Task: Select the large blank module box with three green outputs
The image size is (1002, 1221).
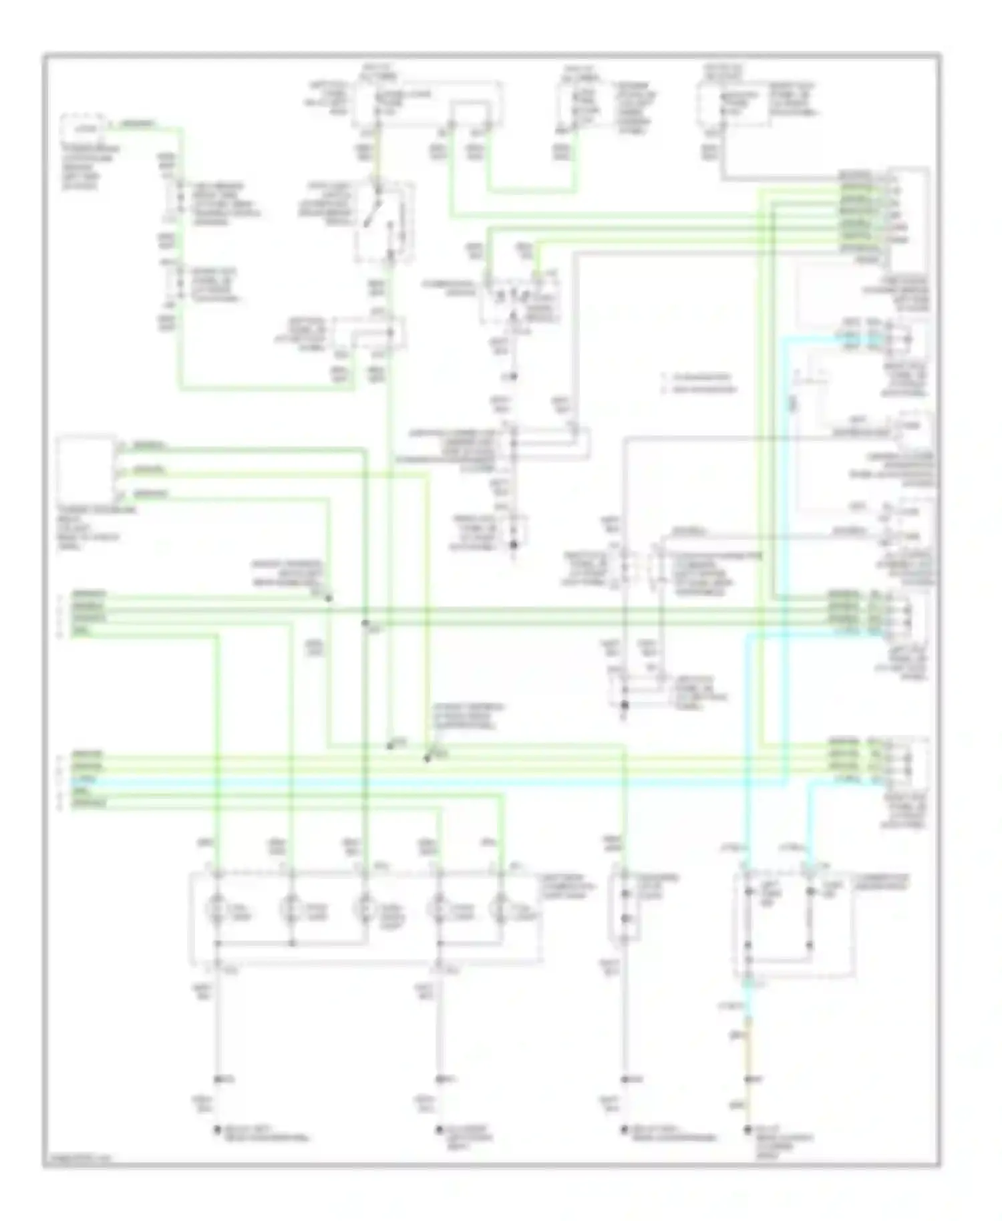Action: coord(86,470)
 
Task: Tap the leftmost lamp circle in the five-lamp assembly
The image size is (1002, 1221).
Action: coord(216,910)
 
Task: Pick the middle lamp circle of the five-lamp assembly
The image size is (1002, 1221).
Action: coord(365,910)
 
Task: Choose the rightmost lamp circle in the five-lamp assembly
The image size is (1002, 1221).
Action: coord(498,910)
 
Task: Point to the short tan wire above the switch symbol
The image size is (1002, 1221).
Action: coord(379,150)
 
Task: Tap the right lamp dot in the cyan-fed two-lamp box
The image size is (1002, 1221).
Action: coord(810,893)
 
